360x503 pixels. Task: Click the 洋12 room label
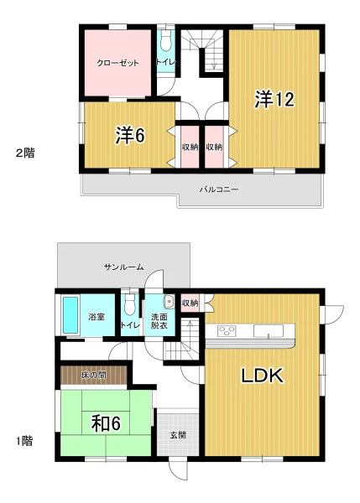coord(274,99)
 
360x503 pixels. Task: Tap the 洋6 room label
coord(130,136)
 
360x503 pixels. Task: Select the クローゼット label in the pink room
coord(117,63)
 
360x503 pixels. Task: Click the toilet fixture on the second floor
coord(165,41)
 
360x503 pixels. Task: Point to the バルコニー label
coord(219,189)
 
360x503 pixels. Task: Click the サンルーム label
coord(123,267)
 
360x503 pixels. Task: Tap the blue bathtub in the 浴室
coord(70,315)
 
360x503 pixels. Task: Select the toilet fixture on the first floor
coord(130,305)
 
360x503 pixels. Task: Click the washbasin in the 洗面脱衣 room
coord(169,302)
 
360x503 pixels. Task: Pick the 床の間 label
coord(94,375)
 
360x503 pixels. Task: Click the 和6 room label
coord(106,423)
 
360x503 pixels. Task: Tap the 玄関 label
coord(178,435)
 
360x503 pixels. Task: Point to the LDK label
coord(263,376)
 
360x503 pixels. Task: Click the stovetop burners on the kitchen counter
coord(227,331)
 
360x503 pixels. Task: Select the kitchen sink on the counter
coord(269,331)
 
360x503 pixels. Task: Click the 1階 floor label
coord(24,441)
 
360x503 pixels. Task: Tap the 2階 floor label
coord(25,153)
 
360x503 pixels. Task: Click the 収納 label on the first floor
coord(190,303)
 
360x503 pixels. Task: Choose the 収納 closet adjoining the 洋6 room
coord(190,147)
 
